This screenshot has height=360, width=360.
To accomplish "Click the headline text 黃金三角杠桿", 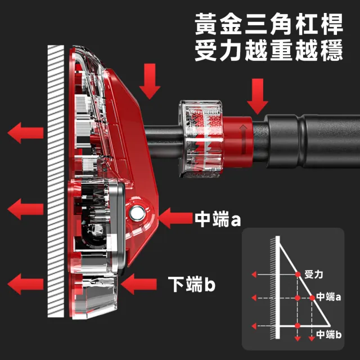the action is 269,24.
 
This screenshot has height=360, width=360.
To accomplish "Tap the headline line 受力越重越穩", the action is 269,50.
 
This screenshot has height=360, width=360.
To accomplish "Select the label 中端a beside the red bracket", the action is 218,219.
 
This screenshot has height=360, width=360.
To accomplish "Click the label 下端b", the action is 192,284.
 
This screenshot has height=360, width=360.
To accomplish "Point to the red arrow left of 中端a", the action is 175,218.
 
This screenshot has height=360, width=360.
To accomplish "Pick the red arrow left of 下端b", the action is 139,284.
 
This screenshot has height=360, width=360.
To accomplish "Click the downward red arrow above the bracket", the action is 150,81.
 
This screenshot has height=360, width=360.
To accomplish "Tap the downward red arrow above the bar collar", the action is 258,96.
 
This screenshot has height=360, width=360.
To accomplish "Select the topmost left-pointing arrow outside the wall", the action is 25,133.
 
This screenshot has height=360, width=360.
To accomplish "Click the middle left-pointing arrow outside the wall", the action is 25,209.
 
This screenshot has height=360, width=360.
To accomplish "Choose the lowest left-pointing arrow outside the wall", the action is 25,284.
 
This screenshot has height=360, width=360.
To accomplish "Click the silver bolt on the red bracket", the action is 137,213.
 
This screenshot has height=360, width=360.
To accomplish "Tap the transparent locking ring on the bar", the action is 201,139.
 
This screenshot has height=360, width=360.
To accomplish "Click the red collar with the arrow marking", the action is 238,141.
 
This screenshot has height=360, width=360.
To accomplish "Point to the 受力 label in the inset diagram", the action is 314,274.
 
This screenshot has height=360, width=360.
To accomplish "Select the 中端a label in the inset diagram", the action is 328,297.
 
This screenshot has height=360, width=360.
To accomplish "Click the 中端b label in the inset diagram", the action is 328,334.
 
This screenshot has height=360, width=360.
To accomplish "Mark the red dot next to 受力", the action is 298,274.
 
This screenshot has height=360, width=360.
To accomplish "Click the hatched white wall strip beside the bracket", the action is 56,181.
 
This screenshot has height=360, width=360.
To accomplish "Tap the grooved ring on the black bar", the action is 301,141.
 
